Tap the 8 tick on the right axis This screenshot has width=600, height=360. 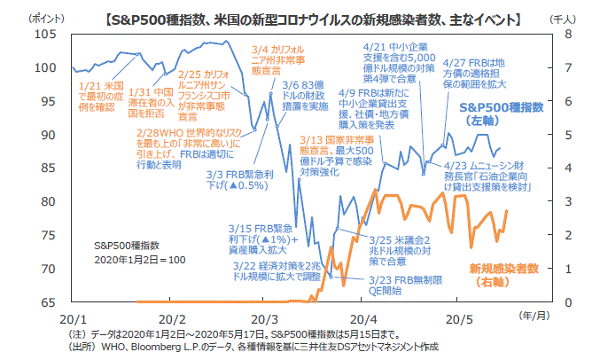(x=559, y=35)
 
